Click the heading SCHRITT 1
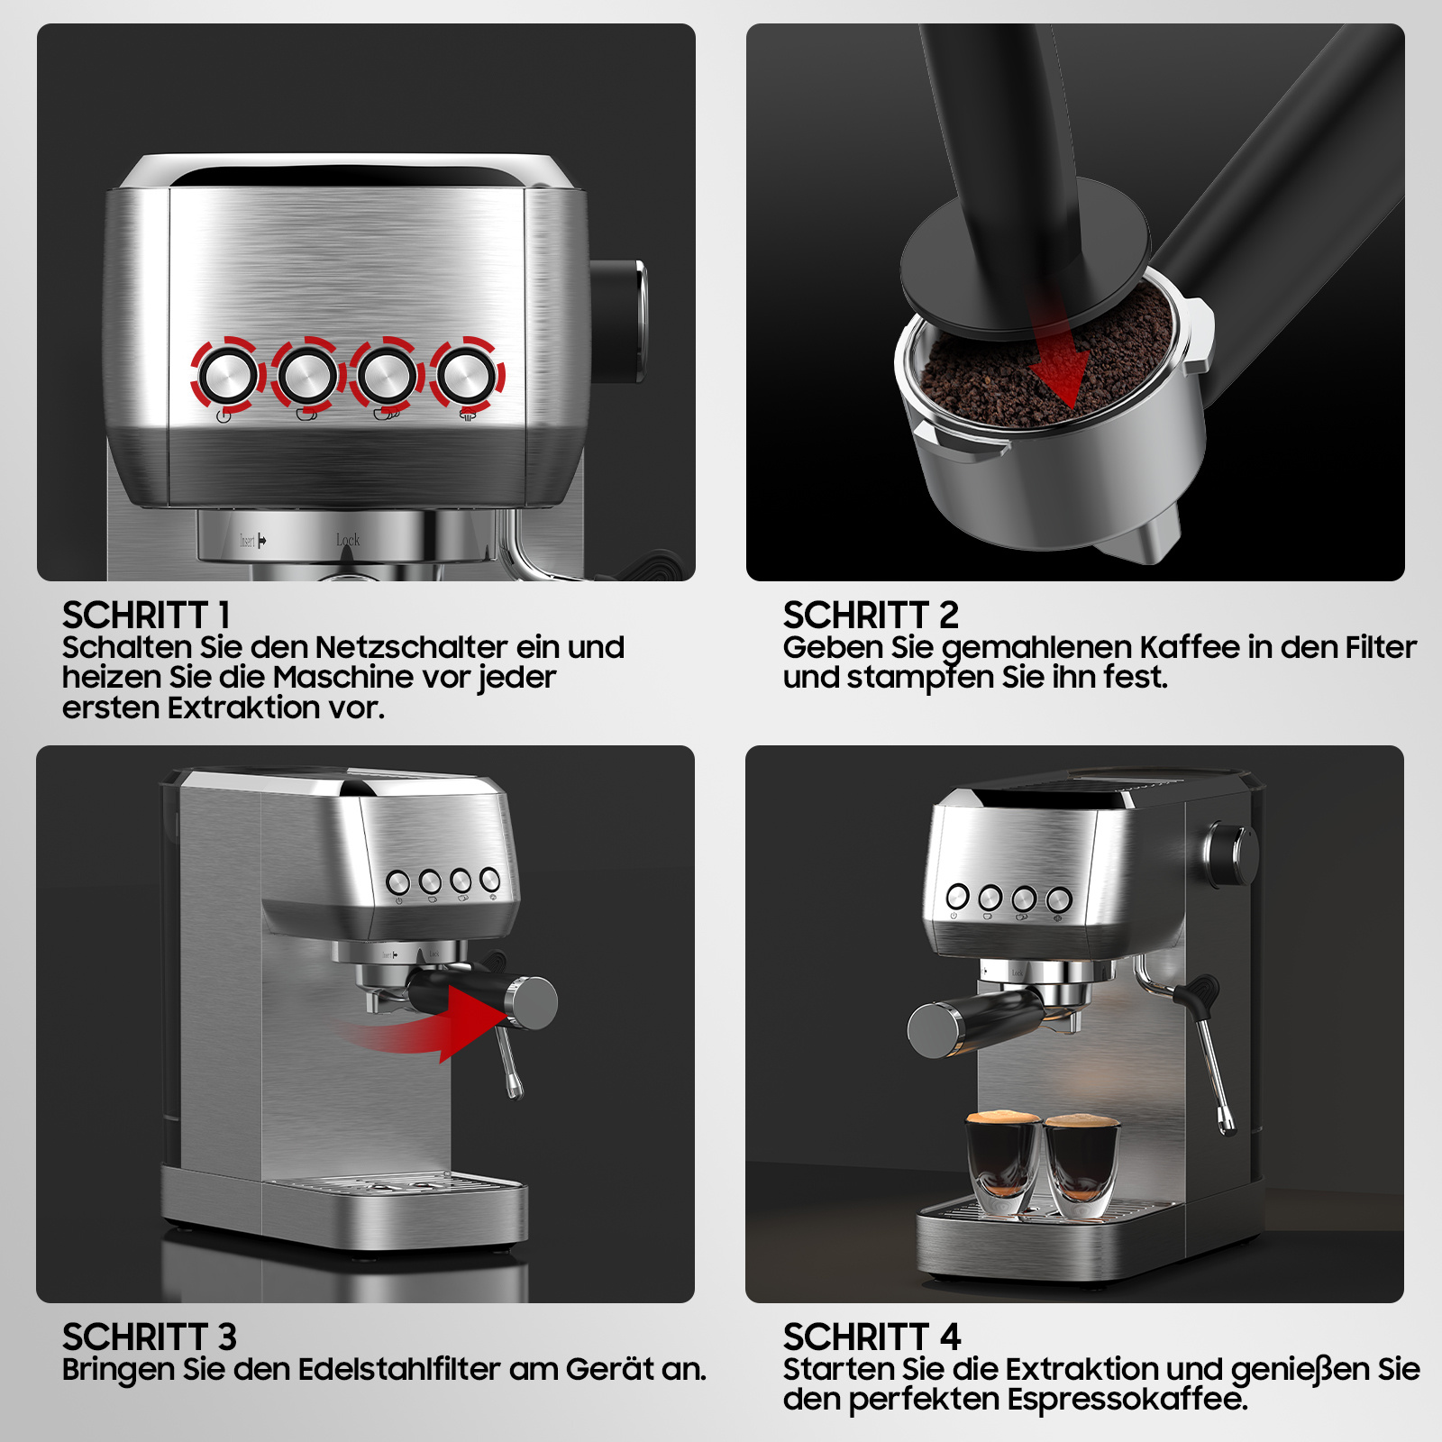(x=146, y=616)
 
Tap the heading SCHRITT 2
(x=871, y=616)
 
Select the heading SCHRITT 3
(x=150, y=1337)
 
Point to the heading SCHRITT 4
(x=872, y=1337)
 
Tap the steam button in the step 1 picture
(x=466, y=374)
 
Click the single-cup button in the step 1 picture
(x=307, y=375)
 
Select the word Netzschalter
(x=412, y=647)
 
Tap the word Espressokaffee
(x=1127, y=1399)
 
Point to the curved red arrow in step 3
(x=433, y=1027)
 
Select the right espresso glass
(x=1081, y=1166)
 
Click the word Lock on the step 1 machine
(x=348, y=540)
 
